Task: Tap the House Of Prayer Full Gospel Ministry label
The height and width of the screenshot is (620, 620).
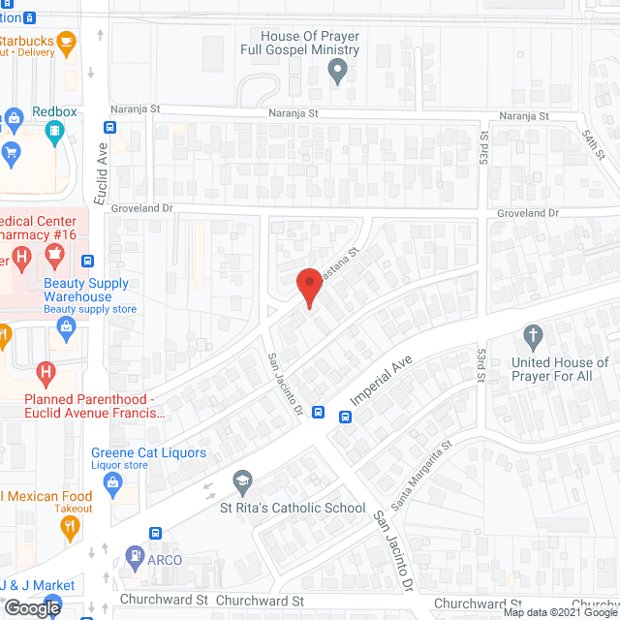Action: point(300,43)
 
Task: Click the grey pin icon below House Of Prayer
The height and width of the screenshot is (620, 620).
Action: point(337,70)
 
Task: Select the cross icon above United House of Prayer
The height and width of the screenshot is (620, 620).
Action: point(532,338)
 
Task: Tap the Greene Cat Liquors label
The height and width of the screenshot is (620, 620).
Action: point(148,452)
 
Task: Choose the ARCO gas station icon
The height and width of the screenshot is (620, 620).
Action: point(135,557)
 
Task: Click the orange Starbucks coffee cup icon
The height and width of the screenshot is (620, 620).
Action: point(66,41)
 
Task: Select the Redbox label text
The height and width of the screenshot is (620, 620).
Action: point(54,112)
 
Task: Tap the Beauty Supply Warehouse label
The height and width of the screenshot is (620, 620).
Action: point(85,290)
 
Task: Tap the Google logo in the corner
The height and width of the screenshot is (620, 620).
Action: point(31,608)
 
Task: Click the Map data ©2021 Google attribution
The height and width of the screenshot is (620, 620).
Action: point(559,612)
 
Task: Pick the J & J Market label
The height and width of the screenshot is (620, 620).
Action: point(37,585)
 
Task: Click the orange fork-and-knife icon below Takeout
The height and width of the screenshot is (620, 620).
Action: point(69,528)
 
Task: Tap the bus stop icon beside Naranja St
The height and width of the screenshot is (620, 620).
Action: point(110,127)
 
